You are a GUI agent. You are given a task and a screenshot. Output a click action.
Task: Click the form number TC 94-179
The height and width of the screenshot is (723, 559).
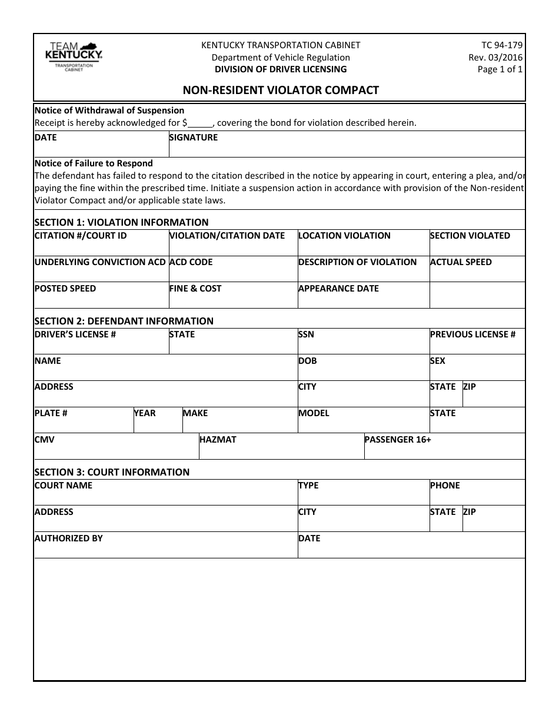[x=502, y=45]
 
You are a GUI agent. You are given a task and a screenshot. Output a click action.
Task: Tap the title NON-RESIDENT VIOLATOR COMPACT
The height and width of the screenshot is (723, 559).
[x=280, y=90]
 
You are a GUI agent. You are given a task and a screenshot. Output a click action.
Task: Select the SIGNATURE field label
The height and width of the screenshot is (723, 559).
[x=194, y=138]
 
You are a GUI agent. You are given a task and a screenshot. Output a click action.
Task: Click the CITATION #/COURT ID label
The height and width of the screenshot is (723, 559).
[x=81, y=236]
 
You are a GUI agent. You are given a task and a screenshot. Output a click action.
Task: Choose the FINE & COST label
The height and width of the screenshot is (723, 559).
[x=195, y=289]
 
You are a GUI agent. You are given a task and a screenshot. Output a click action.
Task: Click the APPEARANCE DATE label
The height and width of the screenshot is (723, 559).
[x=338, y=289]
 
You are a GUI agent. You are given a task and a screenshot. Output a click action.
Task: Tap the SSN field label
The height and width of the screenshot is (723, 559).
[x=306, y=334]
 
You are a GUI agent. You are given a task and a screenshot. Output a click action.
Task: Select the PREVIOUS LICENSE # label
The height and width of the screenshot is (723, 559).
[x=473, y=334]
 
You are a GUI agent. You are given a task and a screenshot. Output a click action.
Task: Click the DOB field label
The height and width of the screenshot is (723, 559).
[x=307, y=361]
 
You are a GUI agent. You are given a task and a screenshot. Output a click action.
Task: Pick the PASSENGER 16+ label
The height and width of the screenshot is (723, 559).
[x=398, y=440]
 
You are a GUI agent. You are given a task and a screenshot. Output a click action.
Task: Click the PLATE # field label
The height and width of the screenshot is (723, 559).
[x=51, y=413]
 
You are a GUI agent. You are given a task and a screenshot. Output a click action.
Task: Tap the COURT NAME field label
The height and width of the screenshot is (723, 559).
[x=64, y=486]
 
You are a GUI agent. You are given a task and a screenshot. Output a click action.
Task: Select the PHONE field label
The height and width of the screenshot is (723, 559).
[x=445, y=486]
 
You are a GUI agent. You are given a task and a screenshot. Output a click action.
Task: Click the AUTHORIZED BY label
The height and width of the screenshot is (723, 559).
[x=69, y=538]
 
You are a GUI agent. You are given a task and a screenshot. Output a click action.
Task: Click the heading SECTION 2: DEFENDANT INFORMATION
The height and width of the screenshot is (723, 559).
[x=124, y=321]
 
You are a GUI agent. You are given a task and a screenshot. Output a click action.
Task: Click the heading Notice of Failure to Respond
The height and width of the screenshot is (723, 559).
[x=94, y=163]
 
